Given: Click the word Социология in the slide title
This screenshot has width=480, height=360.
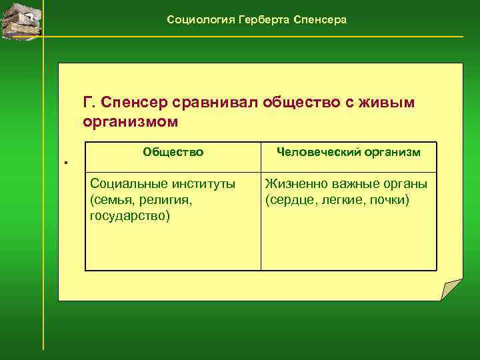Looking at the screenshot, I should click(196, 20).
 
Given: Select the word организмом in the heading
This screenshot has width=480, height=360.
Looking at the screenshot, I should click(131, 123).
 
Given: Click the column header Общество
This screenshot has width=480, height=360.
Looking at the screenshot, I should click(173, 152).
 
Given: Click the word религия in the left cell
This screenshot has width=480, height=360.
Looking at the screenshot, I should click(154, 200).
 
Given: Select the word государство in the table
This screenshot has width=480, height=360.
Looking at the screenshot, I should click(129, 216).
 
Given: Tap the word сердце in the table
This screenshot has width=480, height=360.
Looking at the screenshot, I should click(287, 200).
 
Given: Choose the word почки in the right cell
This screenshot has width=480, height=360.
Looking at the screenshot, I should click(391, 200).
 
